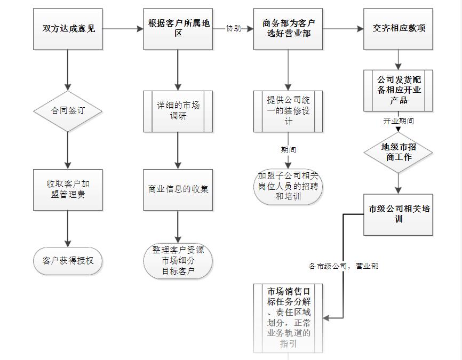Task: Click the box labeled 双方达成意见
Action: point(68,29)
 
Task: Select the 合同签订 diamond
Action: point(68,111)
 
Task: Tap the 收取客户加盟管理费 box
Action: point(68,189)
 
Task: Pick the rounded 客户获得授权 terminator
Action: point(68,261)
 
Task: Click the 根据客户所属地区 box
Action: point(178,29)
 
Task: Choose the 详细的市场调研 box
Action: point(178,111)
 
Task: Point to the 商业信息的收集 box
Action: point(178,189)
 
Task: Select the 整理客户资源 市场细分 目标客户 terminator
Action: point(178,261)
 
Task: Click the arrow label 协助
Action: point(233,29)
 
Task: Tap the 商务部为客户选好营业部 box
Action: point(288,29)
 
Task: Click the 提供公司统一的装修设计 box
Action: point(288,111)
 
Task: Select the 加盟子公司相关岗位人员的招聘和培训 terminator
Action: point(288,186)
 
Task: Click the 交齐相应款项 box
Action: point(399,29)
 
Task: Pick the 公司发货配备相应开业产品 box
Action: point(399,90)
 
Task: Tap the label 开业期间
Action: point(398,121)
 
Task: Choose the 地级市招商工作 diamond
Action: point(398,153)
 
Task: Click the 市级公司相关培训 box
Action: point(399,214)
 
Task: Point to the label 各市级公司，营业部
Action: point(344,266)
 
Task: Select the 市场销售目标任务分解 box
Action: point(288,318)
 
